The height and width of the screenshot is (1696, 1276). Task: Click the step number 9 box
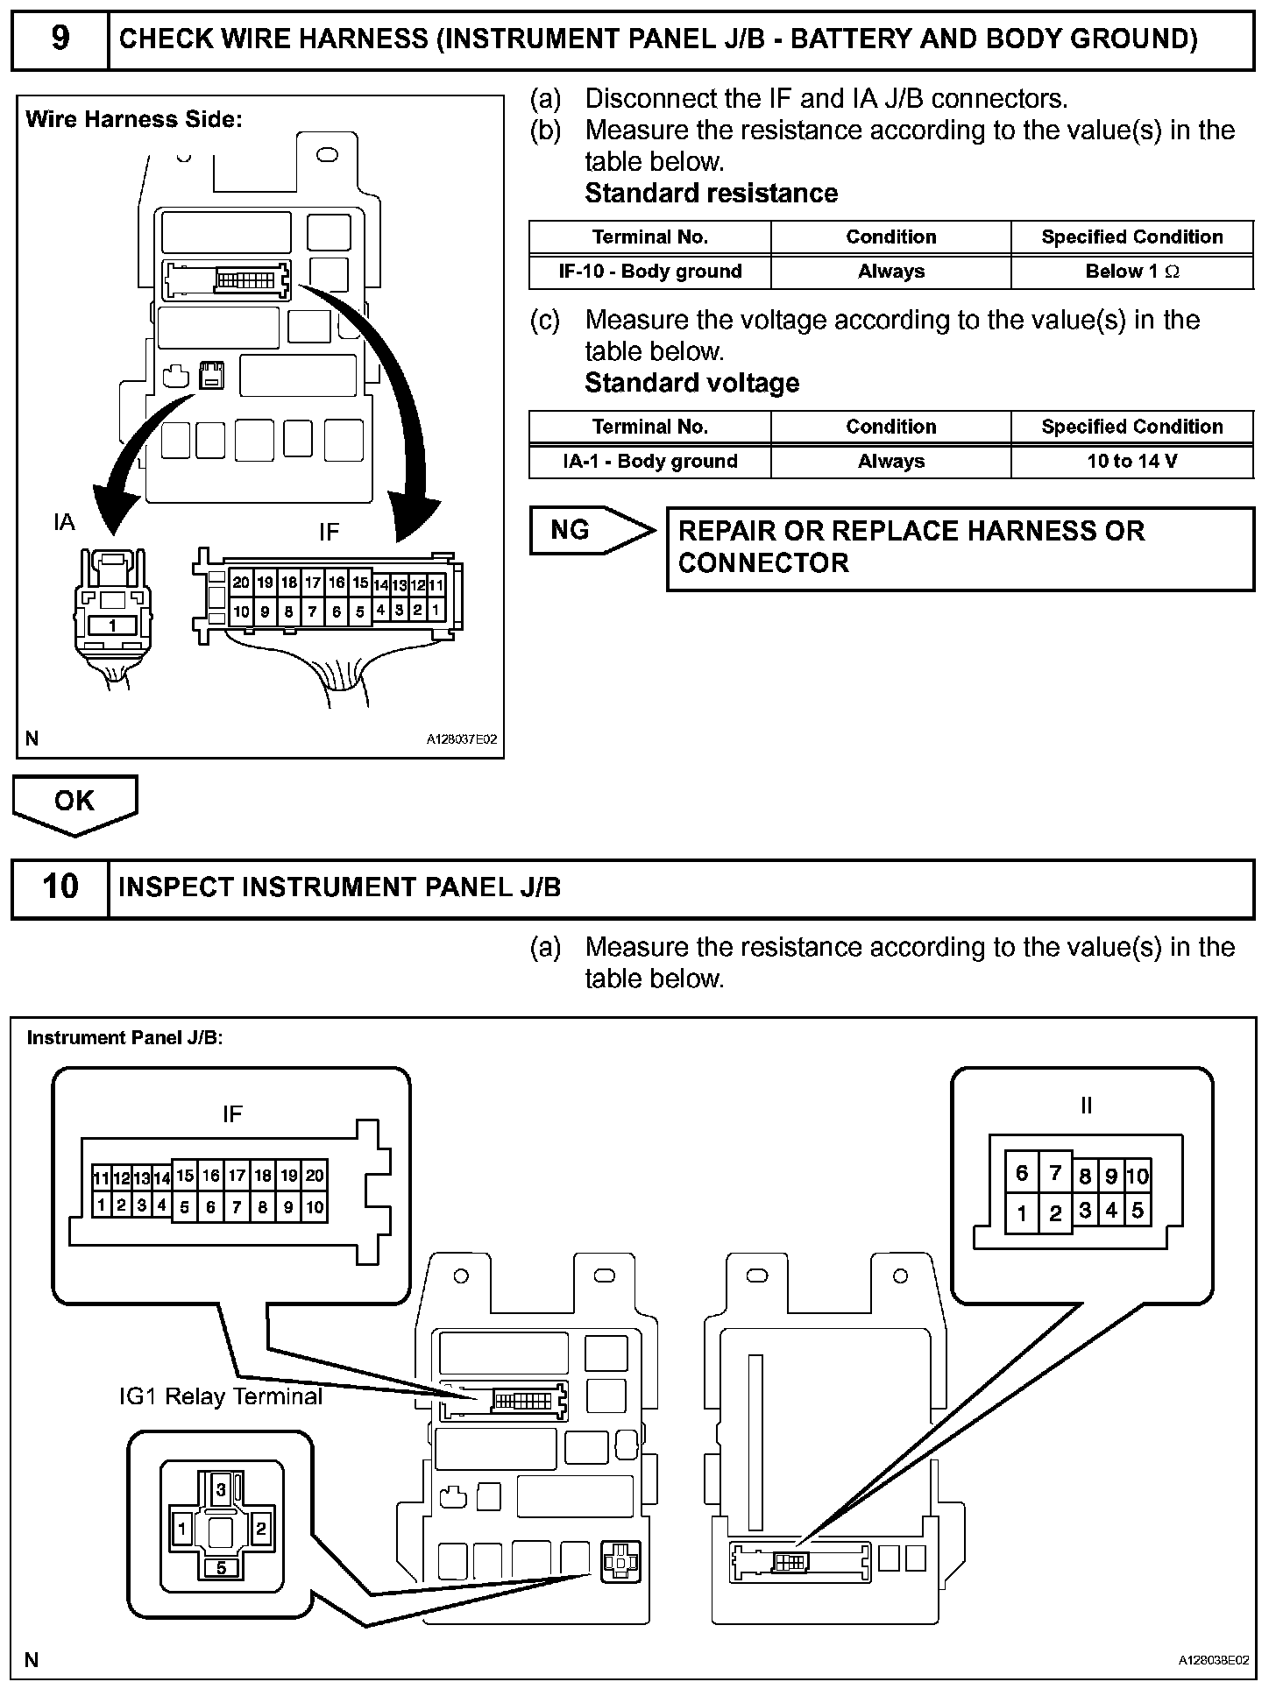pos(60,39)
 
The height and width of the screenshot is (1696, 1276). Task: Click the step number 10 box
pos(60,887)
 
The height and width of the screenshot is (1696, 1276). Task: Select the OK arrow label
pos(74,801)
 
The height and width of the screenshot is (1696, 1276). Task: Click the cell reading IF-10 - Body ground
pos(649,272)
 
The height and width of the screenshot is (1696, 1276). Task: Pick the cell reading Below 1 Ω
pos(1131,272)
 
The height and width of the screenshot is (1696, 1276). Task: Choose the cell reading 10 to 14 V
pos(1131,462)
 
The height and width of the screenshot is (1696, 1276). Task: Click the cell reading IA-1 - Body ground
pos(649,462)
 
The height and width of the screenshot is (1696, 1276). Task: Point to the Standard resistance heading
pos(711,194)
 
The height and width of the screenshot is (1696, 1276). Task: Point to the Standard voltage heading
pos(691,384)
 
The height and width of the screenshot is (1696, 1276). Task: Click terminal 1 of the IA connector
pos(112,625)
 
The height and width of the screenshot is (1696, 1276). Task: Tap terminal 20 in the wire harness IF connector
pos(241,583)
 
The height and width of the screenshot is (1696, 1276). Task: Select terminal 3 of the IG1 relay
pos(221,1489)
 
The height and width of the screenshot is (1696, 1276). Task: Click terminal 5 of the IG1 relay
pos(221,1567)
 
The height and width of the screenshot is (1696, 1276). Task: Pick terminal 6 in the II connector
pos(1022,1173)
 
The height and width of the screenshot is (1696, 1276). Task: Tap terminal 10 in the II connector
pos(1137,1177)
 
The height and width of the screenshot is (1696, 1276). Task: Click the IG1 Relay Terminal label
pos(221,1396)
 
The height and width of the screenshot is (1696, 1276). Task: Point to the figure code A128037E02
pos(461,739)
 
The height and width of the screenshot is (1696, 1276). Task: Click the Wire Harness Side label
pos(133,120)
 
